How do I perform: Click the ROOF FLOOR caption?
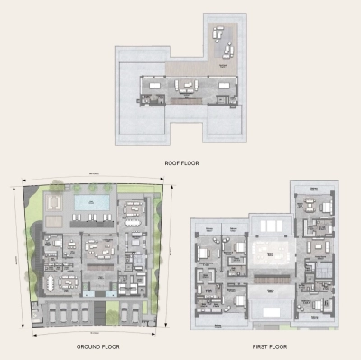181,163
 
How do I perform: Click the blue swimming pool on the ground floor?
90,202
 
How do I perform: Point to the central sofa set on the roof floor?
187,87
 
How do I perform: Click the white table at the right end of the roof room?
221,86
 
